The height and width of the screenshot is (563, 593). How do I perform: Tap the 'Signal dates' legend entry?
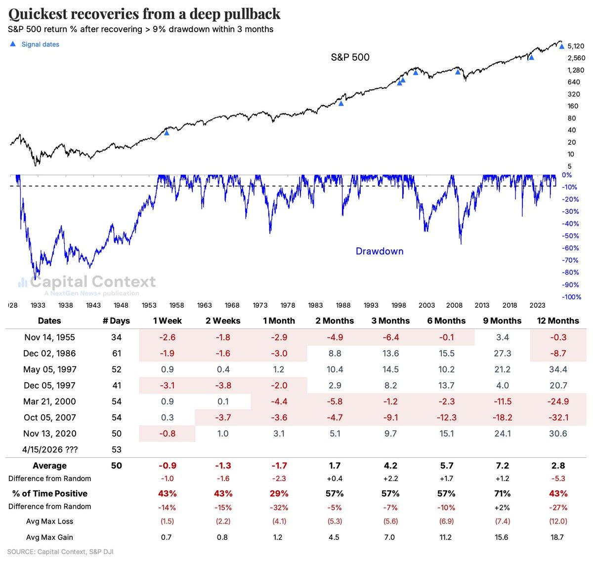pos(40,44)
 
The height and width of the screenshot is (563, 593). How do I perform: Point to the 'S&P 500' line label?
pos(350,58)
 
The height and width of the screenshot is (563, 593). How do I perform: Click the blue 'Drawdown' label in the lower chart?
pos(380,251)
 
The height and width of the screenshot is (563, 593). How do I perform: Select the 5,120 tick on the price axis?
pos(576,46)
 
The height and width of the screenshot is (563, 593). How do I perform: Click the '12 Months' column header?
pos(557,321)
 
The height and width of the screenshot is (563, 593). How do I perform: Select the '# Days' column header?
pos(116,321)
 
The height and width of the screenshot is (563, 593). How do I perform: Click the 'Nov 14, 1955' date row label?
pos(49,337)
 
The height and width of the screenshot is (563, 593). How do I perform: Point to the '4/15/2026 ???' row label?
pos(49,450)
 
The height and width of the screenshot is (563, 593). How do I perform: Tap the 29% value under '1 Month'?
pos(279,493)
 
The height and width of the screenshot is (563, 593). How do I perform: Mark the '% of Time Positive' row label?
pos(49,493)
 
